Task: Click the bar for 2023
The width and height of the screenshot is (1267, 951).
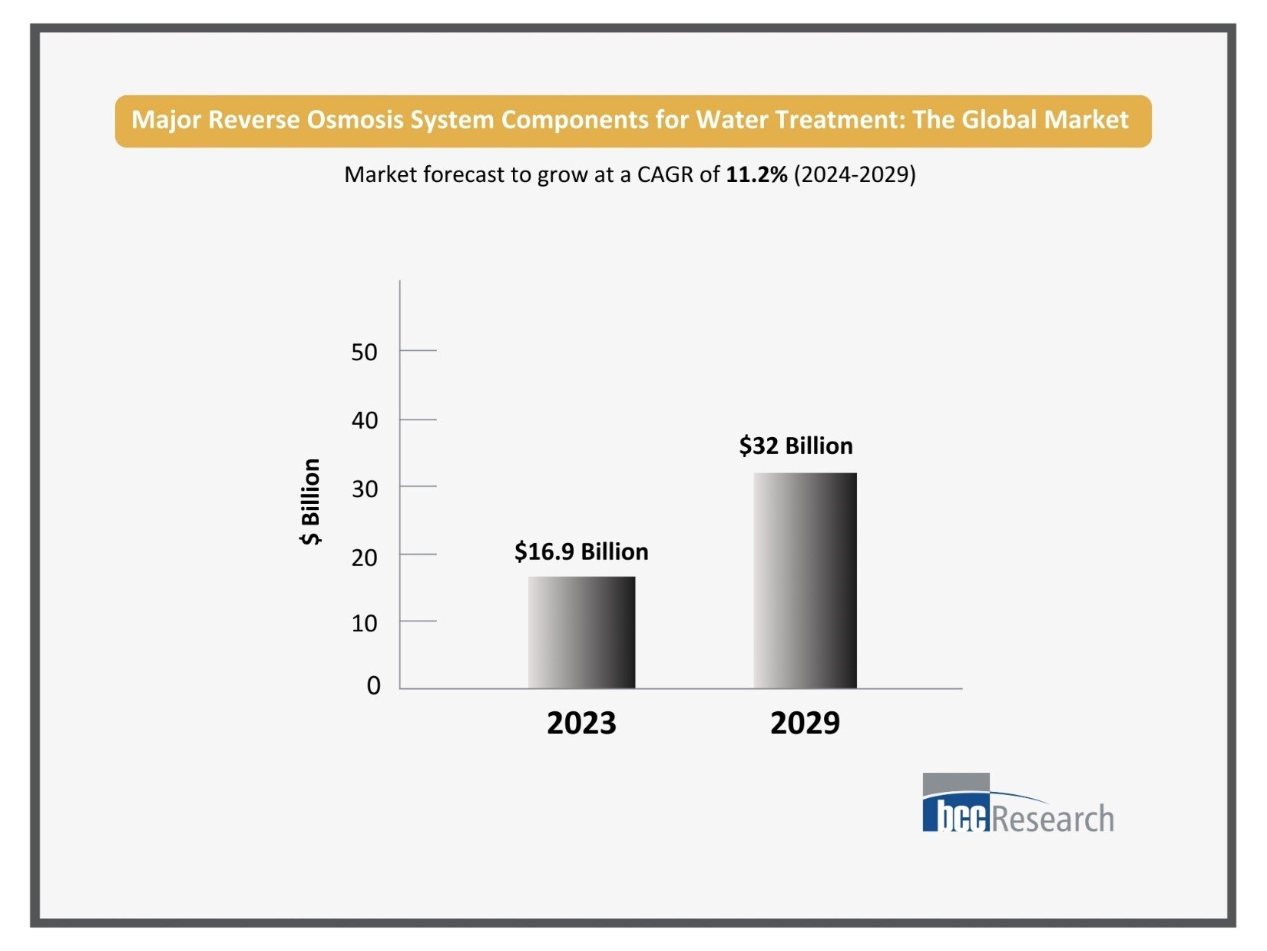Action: click(581, 632)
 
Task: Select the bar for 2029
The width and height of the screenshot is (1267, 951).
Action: click(805, 580)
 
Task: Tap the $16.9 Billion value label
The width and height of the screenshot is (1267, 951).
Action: click(581, 552)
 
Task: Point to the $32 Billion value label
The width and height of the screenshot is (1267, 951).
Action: click(796, 446)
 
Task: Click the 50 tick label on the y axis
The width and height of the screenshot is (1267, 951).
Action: click(364, 352)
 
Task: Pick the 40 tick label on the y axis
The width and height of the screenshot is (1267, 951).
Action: click(364, 420)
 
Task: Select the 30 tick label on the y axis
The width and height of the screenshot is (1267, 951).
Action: click(364, 489)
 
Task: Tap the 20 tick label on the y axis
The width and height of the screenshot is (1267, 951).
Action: click(364, 557)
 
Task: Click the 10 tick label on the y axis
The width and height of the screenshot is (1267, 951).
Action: click(364, 623)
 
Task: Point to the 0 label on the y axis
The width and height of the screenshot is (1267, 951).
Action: click(373, 685)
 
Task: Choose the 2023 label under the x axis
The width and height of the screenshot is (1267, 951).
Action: click(581, 723)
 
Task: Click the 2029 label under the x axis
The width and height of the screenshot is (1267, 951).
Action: click(805, 723)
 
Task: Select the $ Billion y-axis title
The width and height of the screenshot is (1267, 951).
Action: click(310, 502)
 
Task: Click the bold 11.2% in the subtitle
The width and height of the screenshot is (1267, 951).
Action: click(756, 174)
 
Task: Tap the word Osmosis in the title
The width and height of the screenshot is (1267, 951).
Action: click(355, 120)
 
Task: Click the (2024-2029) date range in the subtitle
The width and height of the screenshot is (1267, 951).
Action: click(855, 174)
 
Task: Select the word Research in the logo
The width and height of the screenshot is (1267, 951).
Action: click(1052, 818)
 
